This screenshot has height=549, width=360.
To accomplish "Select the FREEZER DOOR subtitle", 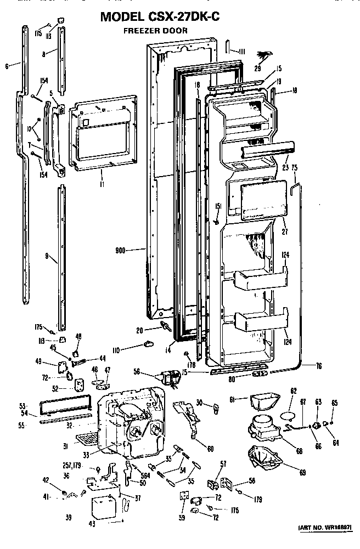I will pyautogui.click(x=155, y=31).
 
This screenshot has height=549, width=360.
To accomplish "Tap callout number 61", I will pyautogui.click(x=232, y=400).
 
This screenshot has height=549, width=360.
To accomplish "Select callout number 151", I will pyautogui.click(x=217, y=206).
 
